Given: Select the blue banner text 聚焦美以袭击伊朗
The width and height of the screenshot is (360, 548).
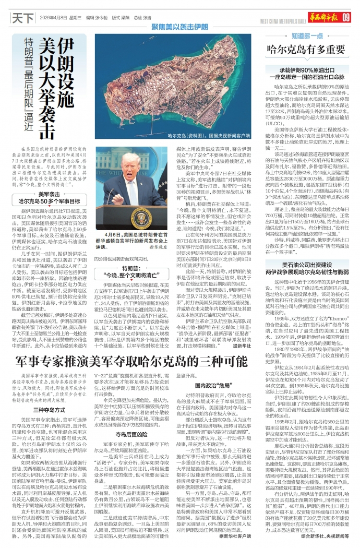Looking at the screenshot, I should (179, 26).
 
